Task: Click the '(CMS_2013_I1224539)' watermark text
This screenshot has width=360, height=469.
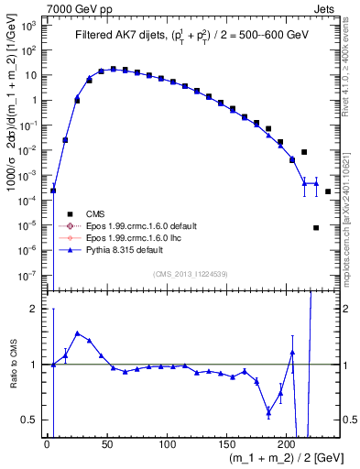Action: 191,275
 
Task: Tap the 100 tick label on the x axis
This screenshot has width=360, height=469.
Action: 167,445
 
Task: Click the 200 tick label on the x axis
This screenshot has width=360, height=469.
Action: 287,445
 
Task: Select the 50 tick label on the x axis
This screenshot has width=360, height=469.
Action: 106,445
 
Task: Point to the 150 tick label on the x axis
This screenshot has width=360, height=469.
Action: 227,445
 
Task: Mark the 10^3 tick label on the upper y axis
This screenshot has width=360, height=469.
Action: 29,27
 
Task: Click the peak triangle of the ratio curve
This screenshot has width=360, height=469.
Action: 77,333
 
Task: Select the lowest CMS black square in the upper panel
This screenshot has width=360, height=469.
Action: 316,228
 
